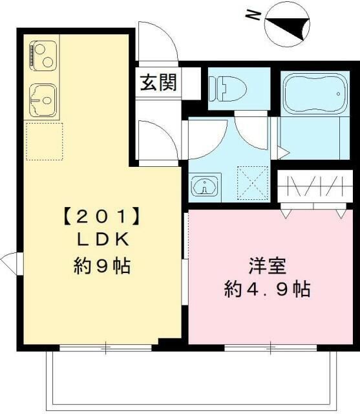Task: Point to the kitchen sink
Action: (x=43, y=100)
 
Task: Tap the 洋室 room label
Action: (x=264, y=265)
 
